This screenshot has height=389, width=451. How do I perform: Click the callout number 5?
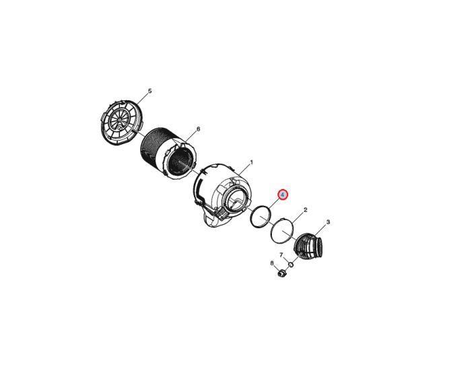pyautogui.click(x=149, y=91)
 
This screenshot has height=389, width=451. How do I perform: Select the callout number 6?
pyautogui.click(x=198, y=129)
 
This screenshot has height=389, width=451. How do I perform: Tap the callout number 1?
pyautogui.click(x=251, y=163)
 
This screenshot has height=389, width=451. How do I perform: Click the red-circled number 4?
pyautogui.click(x=283, y=195)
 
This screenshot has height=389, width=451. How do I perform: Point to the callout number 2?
pyautogui.click(x=305, y=210)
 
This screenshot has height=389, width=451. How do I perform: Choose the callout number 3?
pyautogui.click(x=328, y=222)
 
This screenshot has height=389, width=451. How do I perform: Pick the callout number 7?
pyautogui.click(x=281, y=255)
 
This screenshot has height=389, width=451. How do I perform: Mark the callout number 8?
pyautogui.click(x=272, y=263)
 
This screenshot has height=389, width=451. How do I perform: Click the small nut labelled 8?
pyautogui.click(x=281, y=273)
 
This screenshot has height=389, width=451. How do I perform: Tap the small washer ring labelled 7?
pyautogui.click(x=291, y=264)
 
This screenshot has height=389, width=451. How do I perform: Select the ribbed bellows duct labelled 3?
pyautogui.click(x=310, y=247)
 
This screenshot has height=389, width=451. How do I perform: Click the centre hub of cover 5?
pyautogui.click(x=118, y=120)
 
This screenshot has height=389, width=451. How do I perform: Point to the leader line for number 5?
pyautogui.click(x=143, y=99)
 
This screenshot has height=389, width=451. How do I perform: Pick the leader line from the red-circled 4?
pyautogui.click(x=274, y=203)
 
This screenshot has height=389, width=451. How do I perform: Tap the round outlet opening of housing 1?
pyautogui.click(x=238, y=199)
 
